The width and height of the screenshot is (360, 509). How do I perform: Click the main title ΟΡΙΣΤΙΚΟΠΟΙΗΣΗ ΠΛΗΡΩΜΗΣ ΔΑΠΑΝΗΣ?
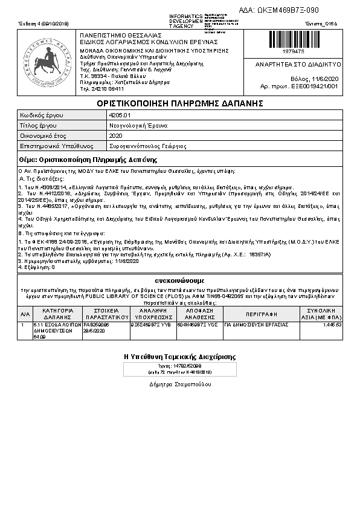(180, 103)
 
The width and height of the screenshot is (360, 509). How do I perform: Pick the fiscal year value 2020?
(115, 135)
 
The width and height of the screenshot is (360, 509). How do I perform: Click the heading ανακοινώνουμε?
(180, 280)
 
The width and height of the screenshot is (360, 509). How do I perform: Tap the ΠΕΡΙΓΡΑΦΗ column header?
(261, 314)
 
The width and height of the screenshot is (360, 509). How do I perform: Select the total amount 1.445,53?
(332, 325)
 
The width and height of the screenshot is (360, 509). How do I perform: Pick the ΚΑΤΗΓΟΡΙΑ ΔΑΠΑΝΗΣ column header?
(57, 314)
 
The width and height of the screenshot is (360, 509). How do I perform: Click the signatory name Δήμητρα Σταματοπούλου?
(180, 384)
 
